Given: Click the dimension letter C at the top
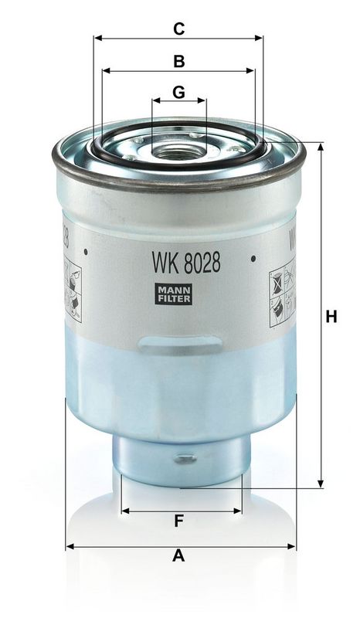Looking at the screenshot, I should tap(178, 29).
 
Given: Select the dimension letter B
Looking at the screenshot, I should tap(178, 60).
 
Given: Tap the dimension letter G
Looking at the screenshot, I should tap(178, 92).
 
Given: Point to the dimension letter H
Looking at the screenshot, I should tap(331, 317).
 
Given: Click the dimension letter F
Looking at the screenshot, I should tap(178, 521).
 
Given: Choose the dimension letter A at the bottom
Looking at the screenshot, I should tap(178, 555).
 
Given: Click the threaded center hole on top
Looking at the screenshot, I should tap(179, 146).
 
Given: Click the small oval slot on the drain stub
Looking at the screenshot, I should tap(183, 458).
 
